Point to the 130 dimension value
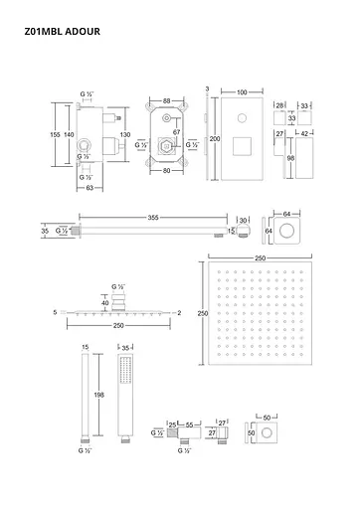click(123, 134)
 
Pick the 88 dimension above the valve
click(167, 99)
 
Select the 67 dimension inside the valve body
click(175, 131)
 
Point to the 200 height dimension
click(214, 140)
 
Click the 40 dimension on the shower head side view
click(103, 303)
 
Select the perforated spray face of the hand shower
click(124, 369)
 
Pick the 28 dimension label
click(280, 103)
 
